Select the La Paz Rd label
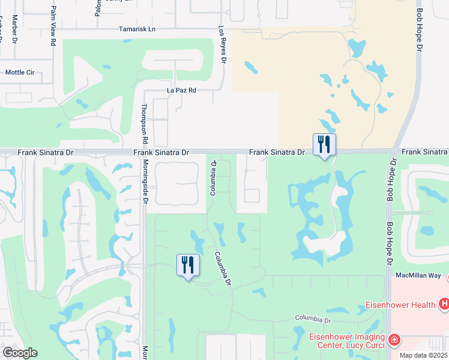click(181, 91)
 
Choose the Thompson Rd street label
click(144, 123)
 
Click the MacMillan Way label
click(418, 275)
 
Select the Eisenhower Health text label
click(400, 305)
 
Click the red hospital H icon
click(443, 305)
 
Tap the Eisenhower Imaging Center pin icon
click(394, 340)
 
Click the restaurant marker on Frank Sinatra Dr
click(324, 145)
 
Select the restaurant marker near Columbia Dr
click(188, 265)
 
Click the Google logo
click(19, 353)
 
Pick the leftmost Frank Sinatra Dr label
click(40, 153)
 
